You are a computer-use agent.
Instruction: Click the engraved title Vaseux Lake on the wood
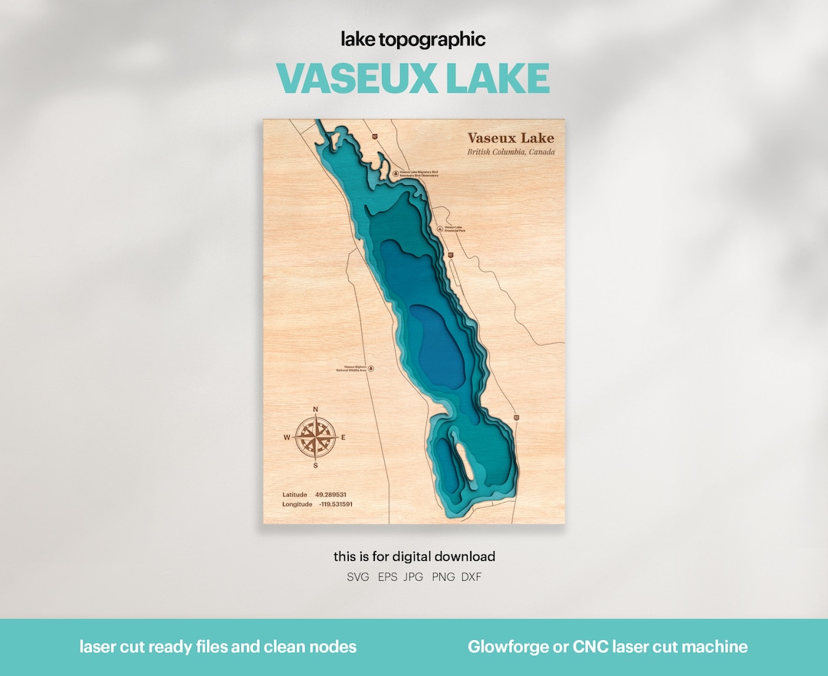pos(511,138)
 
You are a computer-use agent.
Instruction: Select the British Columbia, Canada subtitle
pos(511,152)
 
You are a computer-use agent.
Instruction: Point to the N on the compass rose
pos(316,408)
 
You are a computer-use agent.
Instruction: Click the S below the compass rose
pos(316,465)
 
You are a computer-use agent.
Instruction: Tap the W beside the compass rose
pos(287,437)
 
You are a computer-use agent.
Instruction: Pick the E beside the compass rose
pos(343,437)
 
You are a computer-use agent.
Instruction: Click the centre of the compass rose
pos(316,437)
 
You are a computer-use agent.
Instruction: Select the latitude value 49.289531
pos(330,495)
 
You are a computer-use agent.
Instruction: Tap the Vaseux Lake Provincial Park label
pos(455,229)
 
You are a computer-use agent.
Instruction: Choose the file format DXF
pos(472,577)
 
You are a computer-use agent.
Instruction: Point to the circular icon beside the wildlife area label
pos(372,368)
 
